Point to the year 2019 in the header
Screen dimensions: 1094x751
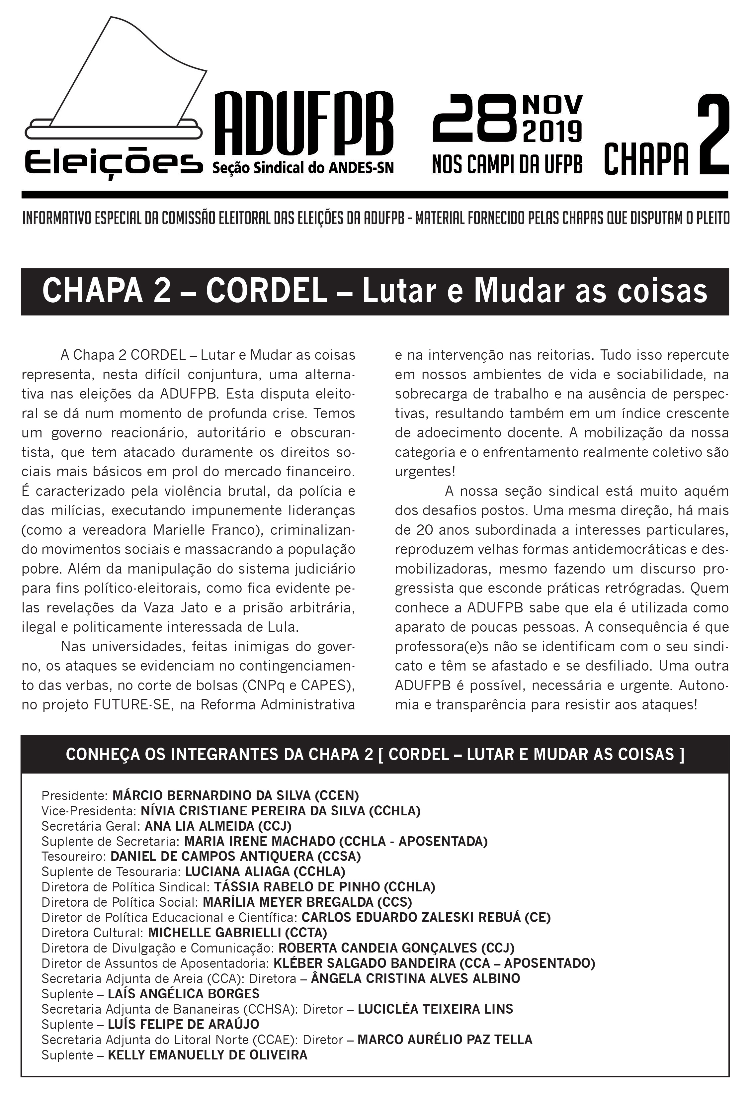click(552, 132)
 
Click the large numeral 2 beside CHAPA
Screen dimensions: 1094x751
click(712, 135)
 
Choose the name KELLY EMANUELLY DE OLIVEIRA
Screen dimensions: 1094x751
click(208, 1055)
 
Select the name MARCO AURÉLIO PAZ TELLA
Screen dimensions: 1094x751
click(445, 1040)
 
